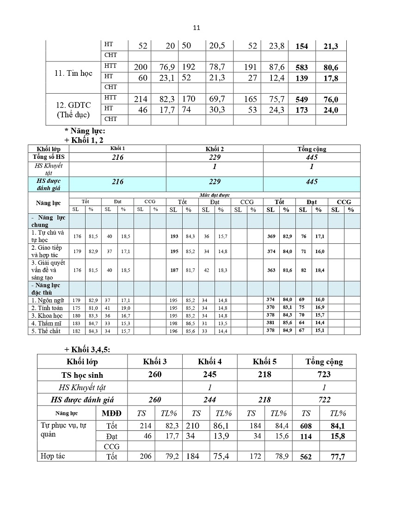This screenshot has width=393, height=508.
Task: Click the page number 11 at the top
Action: coord(196,28)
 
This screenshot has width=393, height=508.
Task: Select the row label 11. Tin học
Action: coord(74,73)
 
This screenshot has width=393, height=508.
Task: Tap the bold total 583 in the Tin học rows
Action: coord(301,67)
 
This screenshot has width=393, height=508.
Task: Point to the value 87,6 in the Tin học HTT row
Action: coord(276,67)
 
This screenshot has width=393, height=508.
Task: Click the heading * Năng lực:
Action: coord(85,131)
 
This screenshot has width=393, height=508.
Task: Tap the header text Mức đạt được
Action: coord(215,195)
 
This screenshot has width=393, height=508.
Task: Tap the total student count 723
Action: coord(324,375)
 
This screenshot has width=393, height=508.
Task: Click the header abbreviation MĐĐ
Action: coord(111,413)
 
